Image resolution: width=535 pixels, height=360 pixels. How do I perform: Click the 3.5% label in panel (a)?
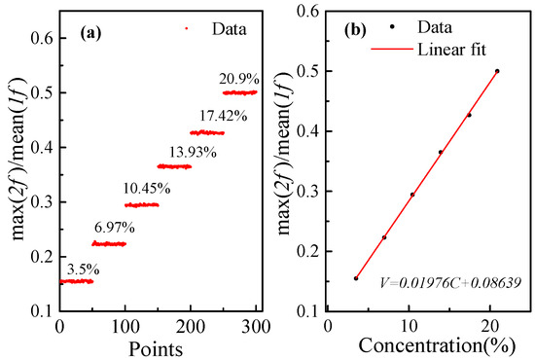(x=80, y=265)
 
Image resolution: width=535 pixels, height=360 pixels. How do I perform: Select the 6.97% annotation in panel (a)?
(x=113, y=228)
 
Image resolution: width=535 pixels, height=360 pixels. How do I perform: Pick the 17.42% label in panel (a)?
(x=209, y=116)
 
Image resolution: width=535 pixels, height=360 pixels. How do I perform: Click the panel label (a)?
(x=81, y=30)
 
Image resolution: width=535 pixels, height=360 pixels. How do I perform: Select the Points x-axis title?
(x=160, y=346)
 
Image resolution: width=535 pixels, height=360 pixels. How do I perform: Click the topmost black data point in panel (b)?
(x=497, y=71)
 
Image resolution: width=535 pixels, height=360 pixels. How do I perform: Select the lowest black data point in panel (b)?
(x=355, y=278)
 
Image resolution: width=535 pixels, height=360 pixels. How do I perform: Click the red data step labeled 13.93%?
(x=174, y=166)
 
